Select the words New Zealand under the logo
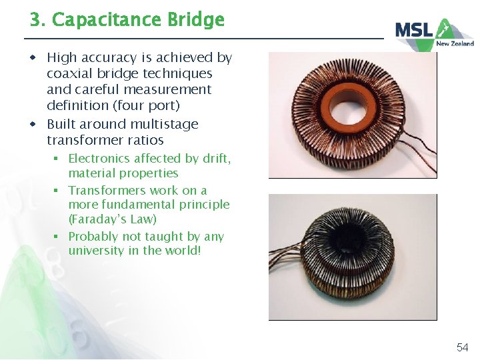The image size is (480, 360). (x=455, y=44)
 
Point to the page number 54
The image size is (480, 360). (x=462, y=347)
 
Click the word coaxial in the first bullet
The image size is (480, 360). (x=70, y=73)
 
